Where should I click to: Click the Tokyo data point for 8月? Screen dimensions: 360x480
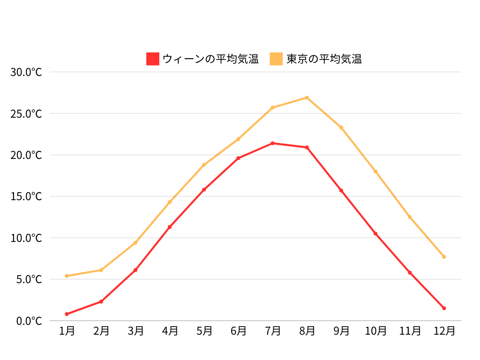(x=307, y=97)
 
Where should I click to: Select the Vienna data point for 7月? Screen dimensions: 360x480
(x=272, y=143)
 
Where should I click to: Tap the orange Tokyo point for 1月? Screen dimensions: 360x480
(x=67, y=276)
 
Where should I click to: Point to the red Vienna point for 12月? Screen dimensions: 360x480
(x=444, y=308)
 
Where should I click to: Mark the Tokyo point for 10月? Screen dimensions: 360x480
(x=375, y=172)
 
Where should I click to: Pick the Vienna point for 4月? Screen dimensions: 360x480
(x=170, y=227)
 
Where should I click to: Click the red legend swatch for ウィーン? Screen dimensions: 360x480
(x=153, y=59)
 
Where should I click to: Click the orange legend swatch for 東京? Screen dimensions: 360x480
(x=277, y=59)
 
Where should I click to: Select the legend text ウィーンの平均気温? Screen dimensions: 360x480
(x=210, y=59)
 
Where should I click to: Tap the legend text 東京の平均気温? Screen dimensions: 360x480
(x=324, y=59)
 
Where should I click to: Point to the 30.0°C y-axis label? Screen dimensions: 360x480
(x=26, y=72)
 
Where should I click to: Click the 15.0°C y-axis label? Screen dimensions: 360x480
(x=26, y=196)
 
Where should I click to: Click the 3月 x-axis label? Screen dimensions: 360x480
(x=135, y=331)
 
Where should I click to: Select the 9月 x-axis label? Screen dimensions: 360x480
(x=341, y=331)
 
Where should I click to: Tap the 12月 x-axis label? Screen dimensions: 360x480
(x=444, y=331)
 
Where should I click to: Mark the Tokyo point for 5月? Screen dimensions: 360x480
(x=204, y=165)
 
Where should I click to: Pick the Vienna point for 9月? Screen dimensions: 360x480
(x=341, y=190)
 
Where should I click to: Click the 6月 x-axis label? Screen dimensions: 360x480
(x=238, y=331)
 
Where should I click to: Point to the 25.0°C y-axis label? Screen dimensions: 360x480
(x=26, y=114)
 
